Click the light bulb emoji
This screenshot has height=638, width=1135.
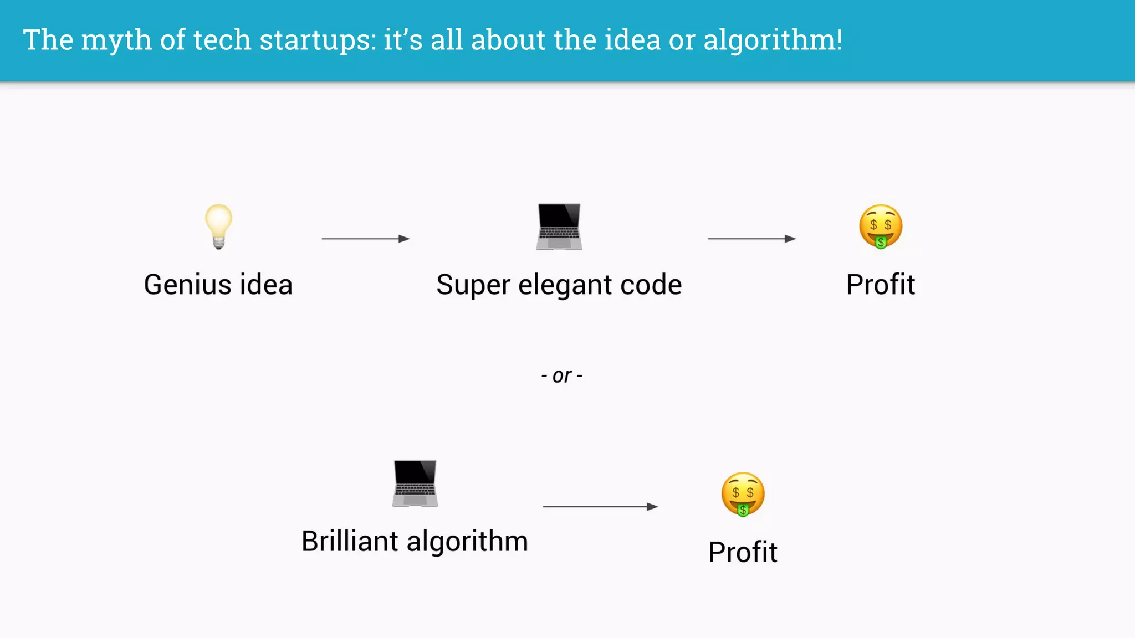[218, 226]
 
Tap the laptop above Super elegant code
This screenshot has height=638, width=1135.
[559, 227]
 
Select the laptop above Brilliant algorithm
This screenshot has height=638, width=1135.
[415, 483]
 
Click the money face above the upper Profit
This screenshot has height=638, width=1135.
[881, 227]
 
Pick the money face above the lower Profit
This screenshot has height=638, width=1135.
[743, 494]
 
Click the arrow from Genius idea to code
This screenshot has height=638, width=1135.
[366, 239]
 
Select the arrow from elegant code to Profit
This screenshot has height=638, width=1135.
[751, 239]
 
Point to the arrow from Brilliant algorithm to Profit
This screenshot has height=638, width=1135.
[600, 506]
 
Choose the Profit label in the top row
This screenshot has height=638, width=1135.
[881, 285]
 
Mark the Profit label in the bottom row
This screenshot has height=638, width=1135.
[743, 552]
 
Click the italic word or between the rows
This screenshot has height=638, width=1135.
[562, 376]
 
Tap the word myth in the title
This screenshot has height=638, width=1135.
[116, 40]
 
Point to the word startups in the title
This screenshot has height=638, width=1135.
[318, 40]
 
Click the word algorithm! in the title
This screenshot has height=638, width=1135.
[773, 40]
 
